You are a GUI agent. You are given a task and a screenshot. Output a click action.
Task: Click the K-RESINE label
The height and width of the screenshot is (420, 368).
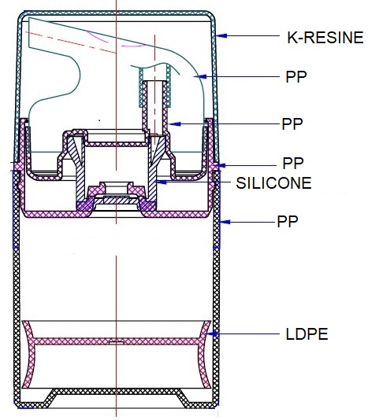(325, 38)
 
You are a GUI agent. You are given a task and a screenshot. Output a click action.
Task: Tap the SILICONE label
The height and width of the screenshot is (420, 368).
(273, 183)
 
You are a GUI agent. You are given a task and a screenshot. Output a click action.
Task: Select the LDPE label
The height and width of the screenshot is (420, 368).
(307, 334)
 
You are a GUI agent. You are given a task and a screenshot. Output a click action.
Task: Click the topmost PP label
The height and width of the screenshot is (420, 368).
(296, 77)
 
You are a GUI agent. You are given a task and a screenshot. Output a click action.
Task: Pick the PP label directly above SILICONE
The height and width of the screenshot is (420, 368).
(293, 163)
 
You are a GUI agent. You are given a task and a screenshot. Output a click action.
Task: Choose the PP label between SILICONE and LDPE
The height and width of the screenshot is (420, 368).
(288, 222)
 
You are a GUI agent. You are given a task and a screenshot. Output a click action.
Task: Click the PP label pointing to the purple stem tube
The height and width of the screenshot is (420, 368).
(292, 123)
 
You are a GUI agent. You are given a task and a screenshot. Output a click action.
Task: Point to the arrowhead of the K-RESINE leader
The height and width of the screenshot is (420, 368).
(222, 35)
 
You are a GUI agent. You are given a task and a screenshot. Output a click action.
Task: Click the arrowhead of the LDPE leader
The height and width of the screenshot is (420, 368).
(212, 334)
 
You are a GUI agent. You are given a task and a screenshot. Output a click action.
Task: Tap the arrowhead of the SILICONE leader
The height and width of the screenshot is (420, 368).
(162, 182)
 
